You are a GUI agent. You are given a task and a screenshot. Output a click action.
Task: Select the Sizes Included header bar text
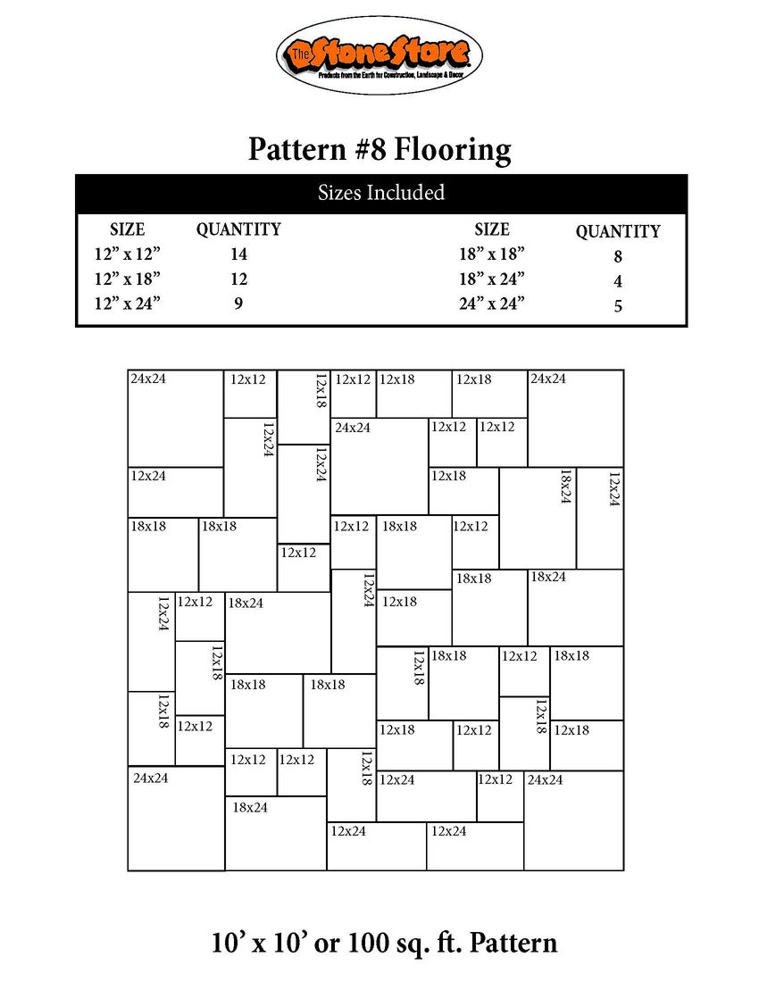(381, 193)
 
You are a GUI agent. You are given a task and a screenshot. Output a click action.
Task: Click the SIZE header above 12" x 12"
(127, 229)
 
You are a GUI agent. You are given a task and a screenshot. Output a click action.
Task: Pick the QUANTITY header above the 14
(238, 229)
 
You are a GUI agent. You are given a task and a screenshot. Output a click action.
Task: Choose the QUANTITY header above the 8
(617, 232)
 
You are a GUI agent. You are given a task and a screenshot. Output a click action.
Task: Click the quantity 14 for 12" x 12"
(238, 254)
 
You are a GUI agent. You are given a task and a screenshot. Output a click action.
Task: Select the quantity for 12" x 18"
(238, 279)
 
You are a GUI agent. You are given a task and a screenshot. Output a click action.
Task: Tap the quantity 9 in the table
(238, 304)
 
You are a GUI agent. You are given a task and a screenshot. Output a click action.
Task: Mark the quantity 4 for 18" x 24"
(617, 282)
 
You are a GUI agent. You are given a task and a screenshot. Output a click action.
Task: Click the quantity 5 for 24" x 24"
(617, 307)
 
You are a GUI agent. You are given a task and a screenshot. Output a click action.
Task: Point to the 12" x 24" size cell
(127, 304)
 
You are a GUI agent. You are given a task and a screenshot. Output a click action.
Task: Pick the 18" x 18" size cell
(491, 254)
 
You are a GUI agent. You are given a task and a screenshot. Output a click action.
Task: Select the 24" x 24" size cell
(491, 304)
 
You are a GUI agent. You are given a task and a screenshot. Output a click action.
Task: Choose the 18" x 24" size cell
(491, 279)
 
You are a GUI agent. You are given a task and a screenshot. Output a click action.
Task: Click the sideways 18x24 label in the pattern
(564, 488)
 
